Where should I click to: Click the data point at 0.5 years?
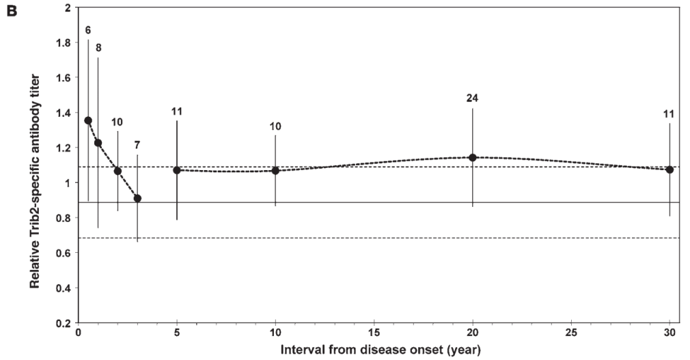(88, 120)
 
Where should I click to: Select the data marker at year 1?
(98, 143)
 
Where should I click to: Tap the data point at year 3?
(137, 199)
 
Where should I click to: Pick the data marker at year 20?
(473, 157)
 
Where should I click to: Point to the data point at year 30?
(670, 169)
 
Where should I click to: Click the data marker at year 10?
(275, 170)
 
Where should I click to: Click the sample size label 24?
(472, 98)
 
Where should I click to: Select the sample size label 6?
(88, 30)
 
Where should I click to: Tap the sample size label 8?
(98, 48)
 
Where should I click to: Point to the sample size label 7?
(137, 145)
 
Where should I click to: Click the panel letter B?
(12, 10)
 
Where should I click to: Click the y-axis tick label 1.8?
(64, 42)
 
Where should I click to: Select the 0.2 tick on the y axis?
(64, 323)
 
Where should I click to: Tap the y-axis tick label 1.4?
(64, 113)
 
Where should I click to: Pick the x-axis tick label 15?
(374, 333)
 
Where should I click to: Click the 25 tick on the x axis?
(571, 333)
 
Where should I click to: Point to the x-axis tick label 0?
(79, 333)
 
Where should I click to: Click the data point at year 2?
(118, 171)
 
